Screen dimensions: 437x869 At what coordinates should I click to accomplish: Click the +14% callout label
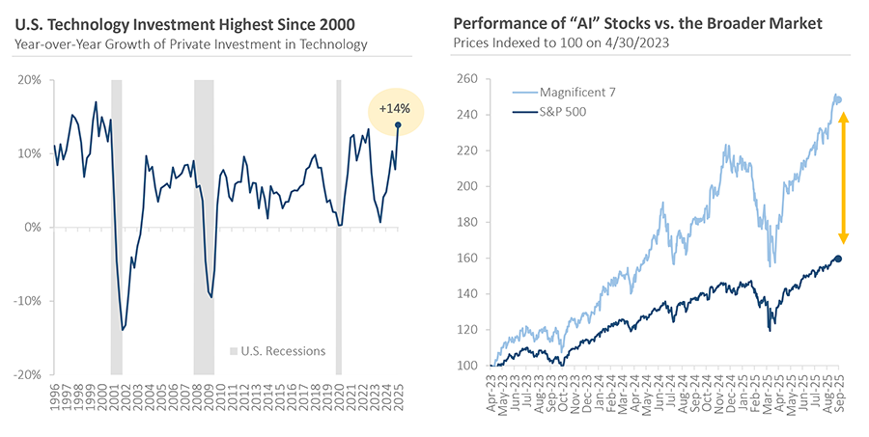[x=393, y=108]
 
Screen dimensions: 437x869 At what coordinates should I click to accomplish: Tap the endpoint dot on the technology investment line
[x=398, y=124]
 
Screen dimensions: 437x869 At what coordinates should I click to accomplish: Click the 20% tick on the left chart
[x=28, y=81]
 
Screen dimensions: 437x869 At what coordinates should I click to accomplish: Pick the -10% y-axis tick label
[x=26, y=301]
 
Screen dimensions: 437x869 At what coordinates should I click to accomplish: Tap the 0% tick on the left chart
[x=31, y=228]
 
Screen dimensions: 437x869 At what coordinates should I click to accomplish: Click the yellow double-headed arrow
[x=842, y=178]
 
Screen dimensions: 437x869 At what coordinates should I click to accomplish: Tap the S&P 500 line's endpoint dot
[x=837, y=259]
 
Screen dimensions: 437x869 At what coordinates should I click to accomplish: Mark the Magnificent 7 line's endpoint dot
[x=836, y=99]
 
